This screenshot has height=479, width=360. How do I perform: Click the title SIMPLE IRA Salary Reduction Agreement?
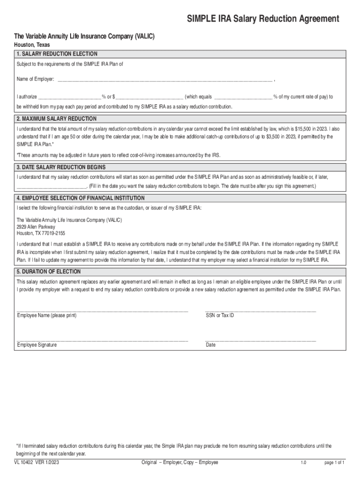263,19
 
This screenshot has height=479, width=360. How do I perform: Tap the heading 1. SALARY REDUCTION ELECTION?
57,54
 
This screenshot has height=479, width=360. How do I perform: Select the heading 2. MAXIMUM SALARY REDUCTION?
57,118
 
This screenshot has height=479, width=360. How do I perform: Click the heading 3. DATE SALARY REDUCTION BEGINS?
61,167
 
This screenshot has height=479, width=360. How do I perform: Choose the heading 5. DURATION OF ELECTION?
49,271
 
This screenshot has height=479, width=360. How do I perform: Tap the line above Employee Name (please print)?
102,310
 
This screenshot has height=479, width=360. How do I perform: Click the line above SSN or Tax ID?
260,310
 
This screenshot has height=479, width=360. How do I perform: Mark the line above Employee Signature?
102,340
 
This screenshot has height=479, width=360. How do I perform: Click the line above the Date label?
260,340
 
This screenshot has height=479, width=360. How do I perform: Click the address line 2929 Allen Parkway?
36,226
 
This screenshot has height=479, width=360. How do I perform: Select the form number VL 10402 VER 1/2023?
36,463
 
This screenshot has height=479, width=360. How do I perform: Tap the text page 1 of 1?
334,463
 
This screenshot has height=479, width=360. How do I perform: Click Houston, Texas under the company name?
32,45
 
